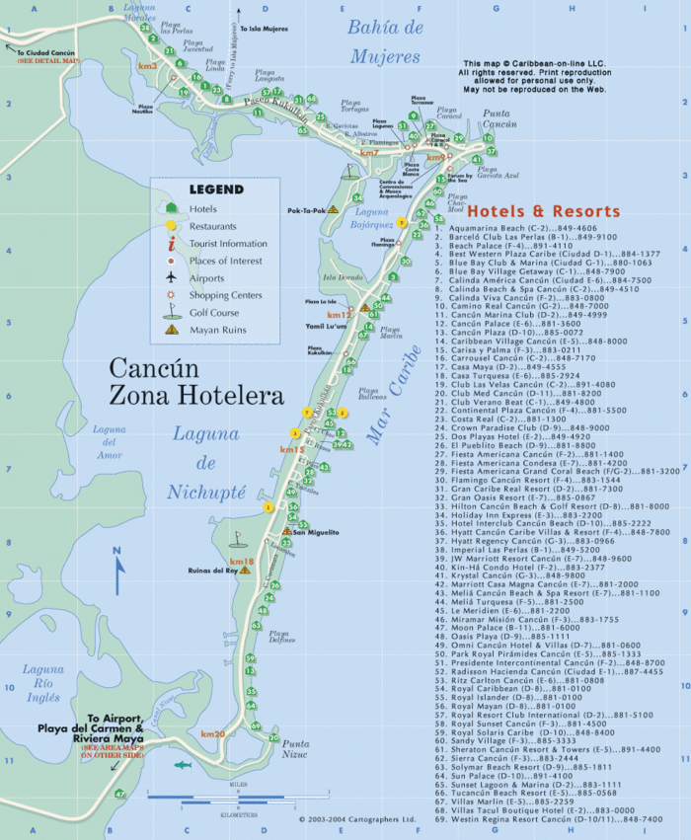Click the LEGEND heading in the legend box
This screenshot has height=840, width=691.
[216, 190]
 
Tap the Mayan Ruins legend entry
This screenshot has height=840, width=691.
[212, 331]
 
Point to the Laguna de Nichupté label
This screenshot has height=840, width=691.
[205, 462]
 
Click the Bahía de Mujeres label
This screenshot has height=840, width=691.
[384, 41]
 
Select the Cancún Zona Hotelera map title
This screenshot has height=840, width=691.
[195, 384]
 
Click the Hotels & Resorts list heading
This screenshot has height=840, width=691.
[543, 211]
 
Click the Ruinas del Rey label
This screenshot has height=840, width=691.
[211, 571]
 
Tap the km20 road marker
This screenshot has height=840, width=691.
[212, 734]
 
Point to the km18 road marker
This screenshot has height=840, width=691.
[242, 562]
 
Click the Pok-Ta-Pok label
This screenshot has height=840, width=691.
[307, 210]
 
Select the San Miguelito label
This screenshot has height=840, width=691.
[313, 532]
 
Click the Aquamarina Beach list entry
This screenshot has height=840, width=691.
[523, 228]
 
